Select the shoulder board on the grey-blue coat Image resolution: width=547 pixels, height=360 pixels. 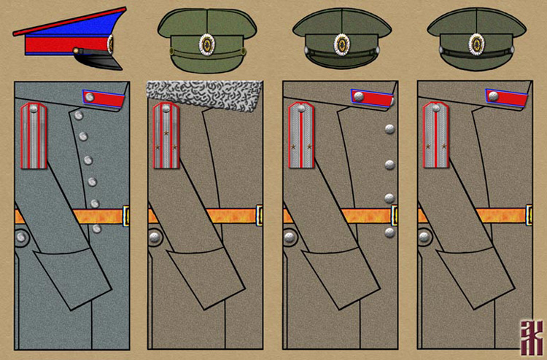(x=34, y=135)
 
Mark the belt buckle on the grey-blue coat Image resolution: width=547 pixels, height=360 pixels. (x=126, y=215)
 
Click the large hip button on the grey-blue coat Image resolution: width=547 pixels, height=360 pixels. (x=20, y=236)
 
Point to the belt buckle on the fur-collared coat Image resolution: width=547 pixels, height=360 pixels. (x=260, y=215)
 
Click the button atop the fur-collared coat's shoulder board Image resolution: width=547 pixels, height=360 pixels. (x=166, y=109)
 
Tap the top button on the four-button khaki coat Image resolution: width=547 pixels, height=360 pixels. (x=389, y=129)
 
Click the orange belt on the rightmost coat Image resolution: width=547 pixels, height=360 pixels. (x=496, y=216)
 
